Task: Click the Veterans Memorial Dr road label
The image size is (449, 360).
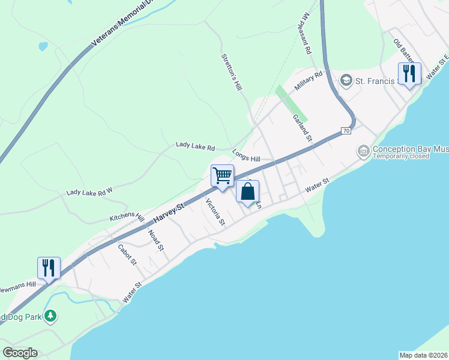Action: click(122, 28)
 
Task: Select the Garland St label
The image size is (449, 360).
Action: click(304, 128)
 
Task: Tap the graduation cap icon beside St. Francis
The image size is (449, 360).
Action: click(346, 80)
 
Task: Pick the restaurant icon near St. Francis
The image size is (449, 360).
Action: click(409, 74)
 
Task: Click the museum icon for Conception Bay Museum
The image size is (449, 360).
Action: click(363, 151)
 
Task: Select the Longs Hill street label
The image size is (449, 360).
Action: click(246, 155)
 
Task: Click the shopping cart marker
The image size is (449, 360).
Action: click(222, 176)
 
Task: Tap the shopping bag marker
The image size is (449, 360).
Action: click(247, 192)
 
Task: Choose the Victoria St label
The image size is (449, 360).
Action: click(215, 212)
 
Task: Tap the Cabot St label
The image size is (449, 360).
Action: click(128, 254)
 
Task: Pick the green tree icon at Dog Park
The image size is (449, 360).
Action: click(51, 316)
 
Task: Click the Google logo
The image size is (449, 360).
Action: click(20, 352)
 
